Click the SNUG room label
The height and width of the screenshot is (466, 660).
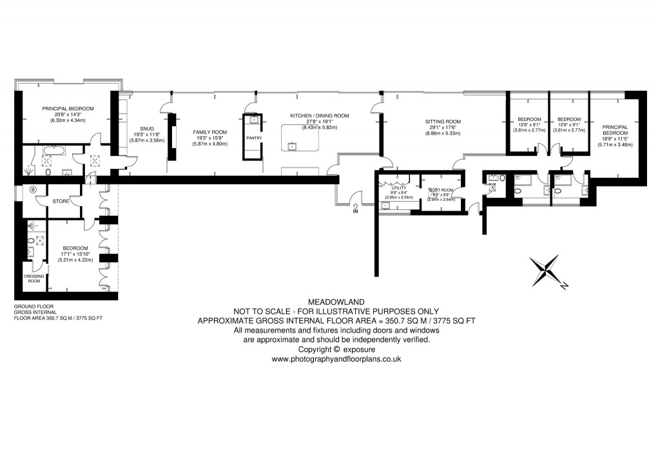[x=139, y=128]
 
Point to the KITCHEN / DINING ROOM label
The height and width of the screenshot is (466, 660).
[x=319, y=116]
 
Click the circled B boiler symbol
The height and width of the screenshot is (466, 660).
[x=34, y=189]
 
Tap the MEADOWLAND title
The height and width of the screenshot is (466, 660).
[x=336, y=301]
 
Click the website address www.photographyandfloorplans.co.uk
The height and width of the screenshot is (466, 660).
[x=336, y=359]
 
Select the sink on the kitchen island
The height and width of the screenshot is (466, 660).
[x=293, y=146]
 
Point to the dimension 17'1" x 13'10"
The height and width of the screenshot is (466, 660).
[x=75, y=254]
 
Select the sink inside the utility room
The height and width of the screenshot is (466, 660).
[x=385, y=206]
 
